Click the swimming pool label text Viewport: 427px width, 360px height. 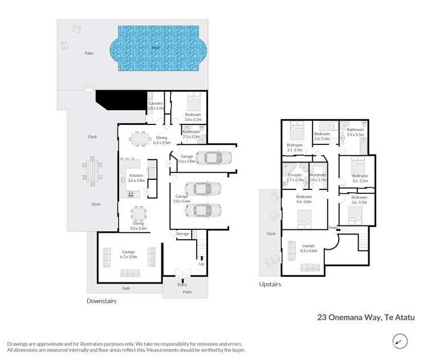click(155, 48)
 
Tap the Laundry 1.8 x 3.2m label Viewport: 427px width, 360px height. click(156, 106)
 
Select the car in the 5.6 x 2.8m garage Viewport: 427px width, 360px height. click(213, 157)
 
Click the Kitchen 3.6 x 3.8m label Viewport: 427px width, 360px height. click(136, 177)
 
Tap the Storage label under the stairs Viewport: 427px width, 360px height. click(182, 233)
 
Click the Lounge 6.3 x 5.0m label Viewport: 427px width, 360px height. click(128, 254)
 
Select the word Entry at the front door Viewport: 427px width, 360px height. click(182, 284)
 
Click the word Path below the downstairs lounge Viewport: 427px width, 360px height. click(126, 288)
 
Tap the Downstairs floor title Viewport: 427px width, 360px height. click(101, 301)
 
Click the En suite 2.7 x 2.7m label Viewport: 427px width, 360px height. click(295, 177)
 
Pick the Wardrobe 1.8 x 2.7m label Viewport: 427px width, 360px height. click(318, 177)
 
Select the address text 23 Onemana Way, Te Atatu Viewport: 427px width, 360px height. click(365, 316)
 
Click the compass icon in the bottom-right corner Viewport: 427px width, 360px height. click(401, 341)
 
